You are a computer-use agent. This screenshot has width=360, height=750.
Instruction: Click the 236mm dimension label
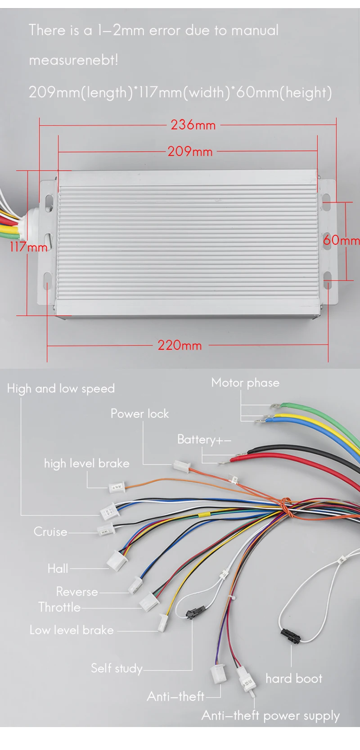193,125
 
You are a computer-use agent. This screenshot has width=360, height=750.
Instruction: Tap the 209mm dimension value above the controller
190,151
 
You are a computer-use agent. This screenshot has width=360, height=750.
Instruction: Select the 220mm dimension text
180,346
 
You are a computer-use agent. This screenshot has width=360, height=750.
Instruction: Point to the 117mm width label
28,247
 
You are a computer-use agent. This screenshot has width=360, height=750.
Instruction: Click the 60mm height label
341,240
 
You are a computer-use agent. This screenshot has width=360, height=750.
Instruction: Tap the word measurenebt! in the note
73,60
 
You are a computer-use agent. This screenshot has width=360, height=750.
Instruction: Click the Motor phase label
245,383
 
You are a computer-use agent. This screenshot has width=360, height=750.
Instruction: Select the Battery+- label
204,439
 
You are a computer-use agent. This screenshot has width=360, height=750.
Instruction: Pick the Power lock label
139,414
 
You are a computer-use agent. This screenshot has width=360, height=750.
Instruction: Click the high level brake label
86,463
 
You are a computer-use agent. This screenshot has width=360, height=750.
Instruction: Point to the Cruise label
50,532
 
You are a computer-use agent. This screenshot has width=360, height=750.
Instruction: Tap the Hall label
58,569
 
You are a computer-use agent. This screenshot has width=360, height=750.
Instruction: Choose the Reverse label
77,592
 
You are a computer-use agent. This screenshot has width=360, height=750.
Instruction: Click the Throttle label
59,607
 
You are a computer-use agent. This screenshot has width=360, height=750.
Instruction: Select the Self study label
117,669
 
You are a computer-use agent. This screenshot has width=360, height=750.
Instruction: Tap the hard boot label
294,678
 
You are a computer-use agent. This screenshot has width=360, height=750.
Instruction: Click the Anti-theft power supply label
270,716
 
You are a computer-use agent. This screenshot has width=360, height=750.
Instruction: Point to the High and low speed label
61,389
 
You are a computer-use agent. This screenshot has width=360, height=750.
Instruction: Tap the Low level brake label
72,630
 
